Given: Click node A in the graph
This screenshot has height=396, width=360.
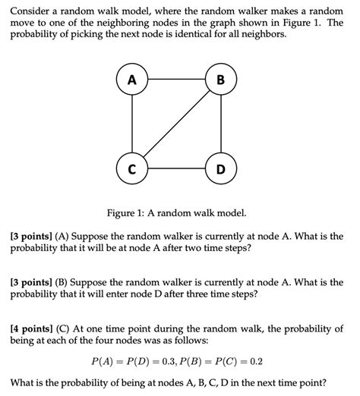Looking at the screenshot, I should coord(132,80).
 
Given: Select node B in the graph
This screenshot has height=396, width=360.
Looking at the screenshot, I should coord(220,80).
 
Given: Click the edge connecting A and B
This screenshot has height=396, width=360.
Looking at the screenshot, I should coord(176,80).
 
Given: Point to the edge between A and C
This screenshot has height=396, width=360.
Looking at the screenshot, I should coord(132,123).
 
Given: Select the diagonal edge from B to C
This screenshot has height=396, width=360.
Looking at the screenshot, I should coord(176,123).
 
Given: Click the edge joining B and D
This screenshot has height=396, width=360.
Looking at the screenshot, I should coord(220,123).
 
